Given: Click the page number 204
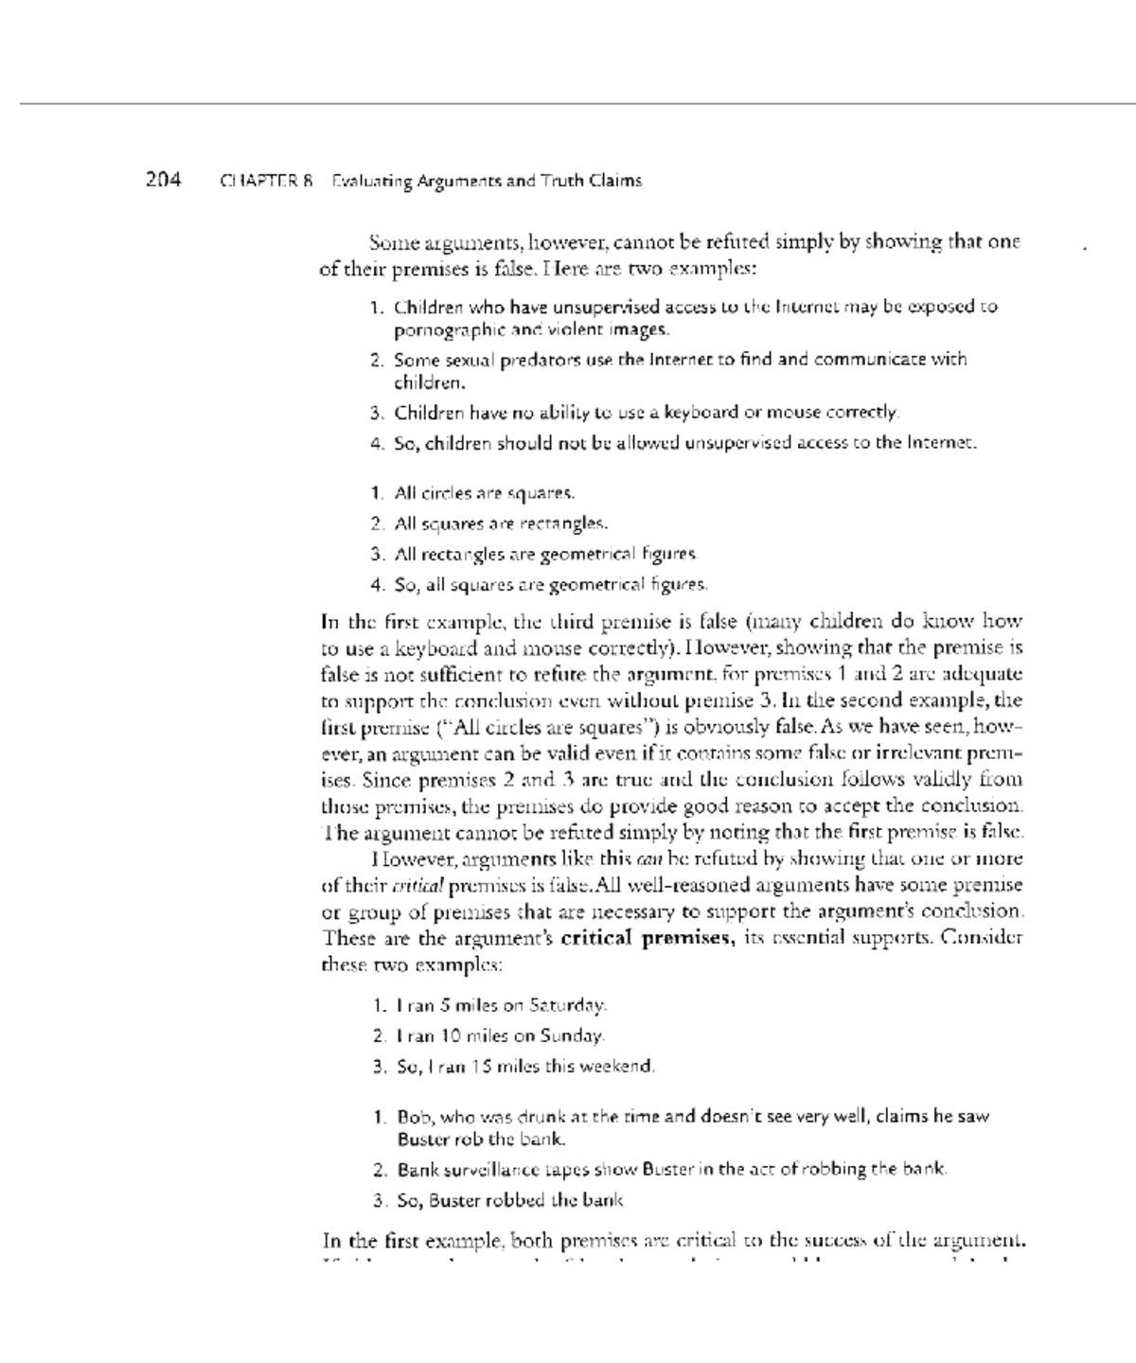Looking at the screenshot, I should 163,179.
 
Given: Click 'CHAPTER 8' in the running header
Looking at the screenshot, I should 266,181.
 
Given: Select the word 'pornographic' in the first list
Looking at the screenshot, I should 441,330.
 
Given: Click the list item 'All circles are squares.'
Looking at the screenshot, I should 484,493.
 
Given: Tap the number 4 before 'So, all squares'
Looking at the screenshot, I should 376,585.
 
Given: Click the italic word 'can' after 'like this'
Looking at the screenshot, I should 649,859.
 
